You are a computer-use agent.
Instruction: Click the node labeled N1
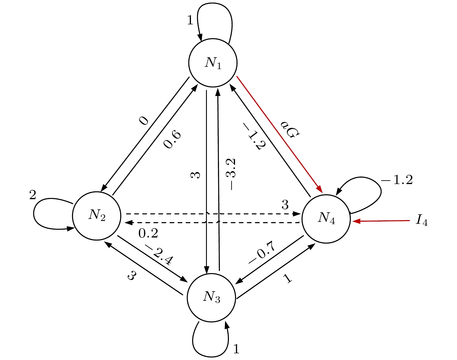(x=213, y=62)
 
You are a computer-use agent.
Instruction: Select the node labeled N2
(x=97, y=215)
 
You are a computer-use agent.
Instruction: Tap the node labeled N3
(x=211, y=297)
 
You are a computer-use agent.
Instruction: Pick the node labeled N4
(x=326, y=218)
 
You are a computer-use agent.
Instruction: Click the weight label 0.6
(x=172, y=140)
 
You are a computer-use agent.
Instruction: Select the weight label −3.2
(x=232, y=174)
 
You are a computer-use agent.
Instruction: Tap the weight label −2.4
(x=159, y=254)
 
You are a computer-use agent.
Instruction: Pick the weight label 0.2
(x=148, y=233)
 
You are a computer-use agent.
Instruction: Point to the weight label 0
(x=144, y=120)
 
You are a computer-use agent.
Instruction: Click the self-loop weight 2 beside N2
(x=32, y=195)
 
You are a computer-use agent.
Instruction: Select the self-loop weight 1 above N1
(x=190, y=20)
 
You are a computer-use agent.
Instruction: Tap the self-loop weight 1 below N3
(x=236, y=349)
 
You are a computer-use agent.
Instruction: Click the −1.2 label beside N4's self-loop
(x=397, y=180)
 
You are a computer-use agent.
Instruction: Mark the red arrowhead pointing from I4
(x=356, y=222)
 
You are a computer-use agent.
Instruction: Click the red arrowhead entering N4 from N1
(x=320, y=189)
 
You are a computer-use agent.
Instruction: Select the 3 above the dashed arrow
(x=285, y=205)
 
